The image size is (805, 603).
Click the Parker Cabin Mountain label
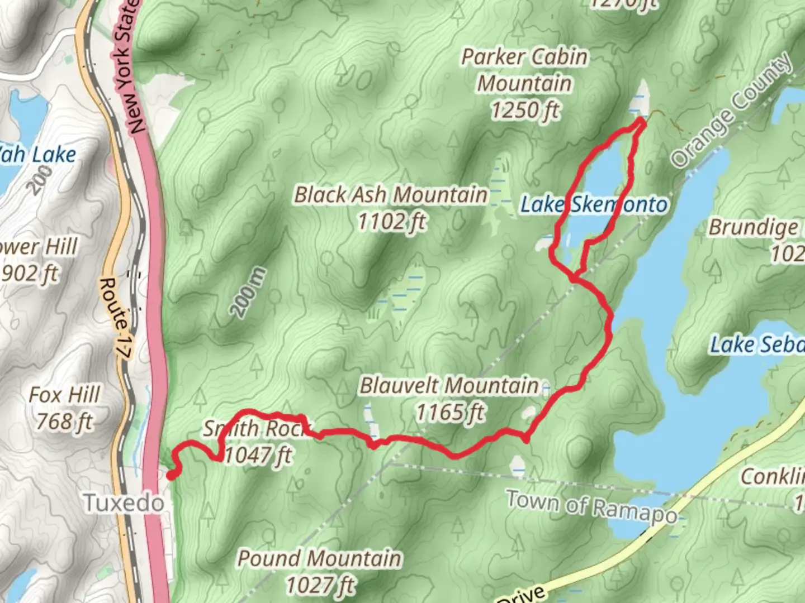point(524,70)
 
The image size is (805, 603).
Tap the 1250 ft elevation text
point(524,110)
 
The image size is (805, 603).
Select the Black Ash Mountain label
point(391,195)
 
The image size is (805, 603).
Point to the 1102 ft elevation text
point(391,222)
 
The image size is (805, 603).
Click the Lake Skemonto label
point(594,205)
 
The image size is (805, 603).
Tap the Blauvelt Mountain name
point(449,385)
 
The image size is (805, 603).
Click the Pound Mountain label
point(319,558)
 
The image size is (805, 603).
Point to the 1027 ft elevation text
point(320,585)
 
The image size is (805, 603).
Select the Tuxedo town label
point(124,503)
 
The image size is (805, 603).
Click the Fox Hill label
point(64,395)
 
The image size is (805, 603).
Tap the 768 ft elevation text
point(64,422)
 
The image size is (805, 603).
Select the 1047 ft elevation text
point(258,455)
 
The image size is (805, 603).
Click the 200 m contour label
point(249,293)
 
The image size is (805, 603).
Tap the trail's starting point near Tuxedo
point(171,475)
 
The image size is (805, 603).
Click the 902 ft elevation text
point(31,274)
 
